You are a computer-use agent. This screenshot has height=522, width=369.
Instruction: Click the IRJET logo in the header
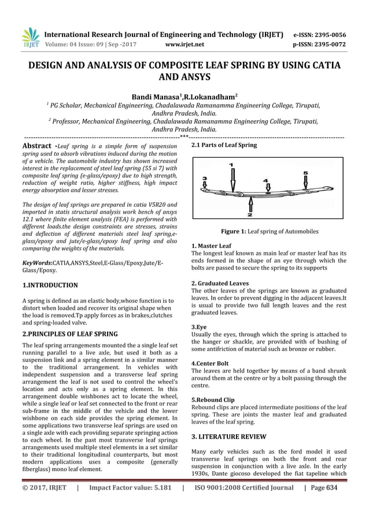(29, 38)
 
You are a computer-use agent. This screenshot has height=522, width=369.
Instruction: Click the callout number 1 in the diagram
(232, 165)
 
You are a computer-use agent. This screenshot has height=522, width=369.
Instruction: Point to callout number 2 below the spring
(250, 215)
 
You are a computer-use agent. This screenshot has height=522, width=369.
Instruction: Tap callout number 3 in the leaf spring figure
(204, 179)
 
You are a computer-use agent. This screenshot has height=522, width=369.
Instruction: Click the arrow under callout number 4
(267, 191)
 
